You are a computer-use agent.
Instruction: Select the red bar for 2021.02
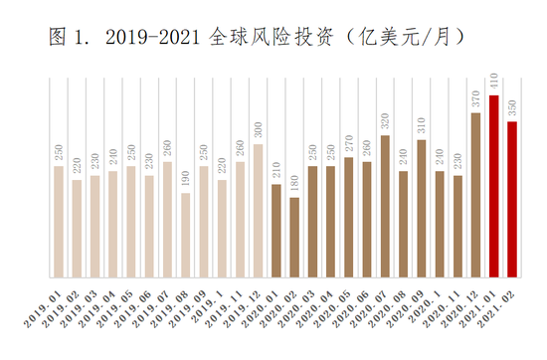[512, 200]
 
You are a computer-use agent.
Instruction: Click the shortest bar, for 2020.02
[294, 238]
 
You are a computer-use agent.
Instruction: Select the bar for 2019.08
[185, 236]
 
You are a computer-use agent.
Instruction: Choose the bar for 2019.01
[59, 222]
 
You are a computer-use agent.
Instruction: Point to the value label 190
[185, 180]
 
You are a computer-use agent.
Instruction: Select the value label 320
[385, 121]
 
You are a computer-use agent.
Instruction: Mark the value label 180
[294, 184]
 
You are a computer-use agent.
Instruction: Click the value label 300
[258, 131]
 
